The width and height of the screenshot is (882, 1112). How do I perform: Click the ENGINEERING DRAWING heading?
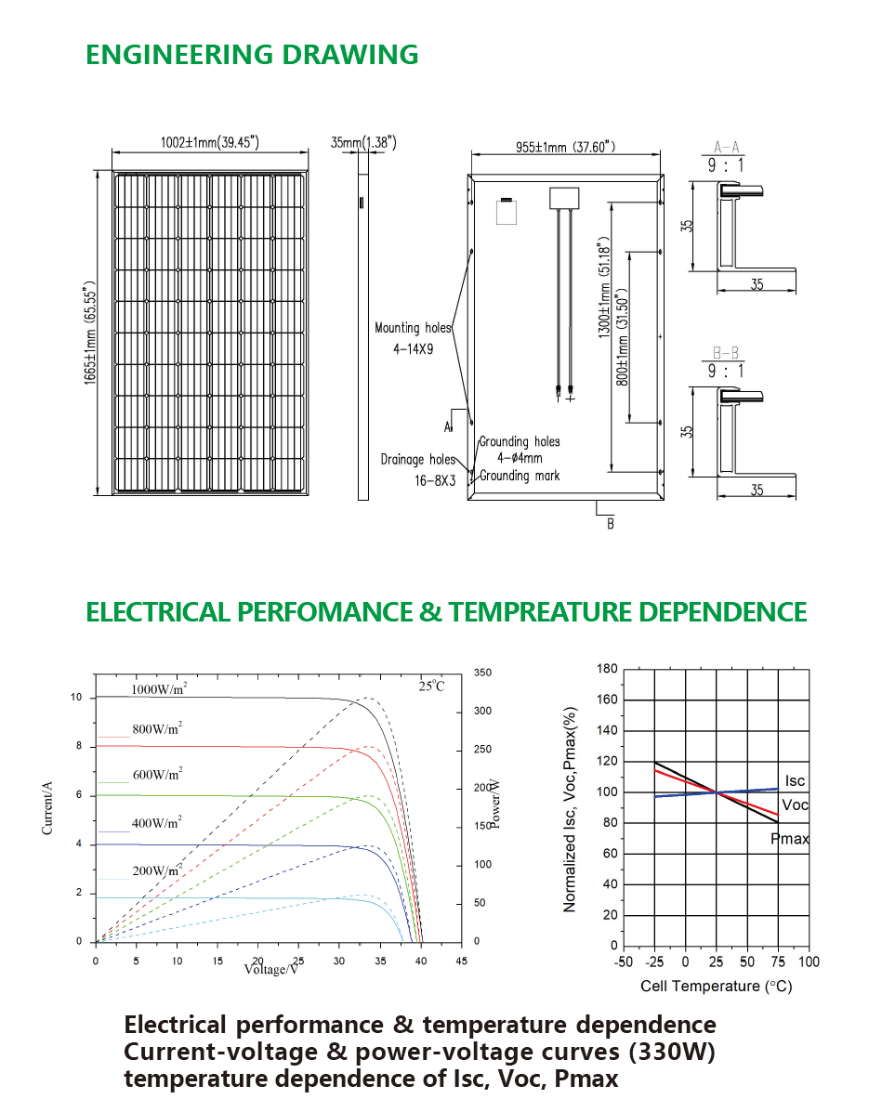[x=252, y=55]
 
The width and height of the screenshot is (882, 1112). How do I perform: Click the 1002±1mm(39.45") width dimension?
[x=209, y=142]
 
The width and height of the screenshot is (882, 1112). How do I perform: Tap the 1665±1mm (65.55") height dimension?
[x=89, y=333]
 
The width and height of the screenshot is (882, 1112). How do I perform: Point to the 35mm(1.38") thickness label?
[x=363, y=142]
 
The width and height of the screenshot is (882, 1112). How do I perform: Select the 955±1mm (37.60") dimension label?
[x=565, y=147]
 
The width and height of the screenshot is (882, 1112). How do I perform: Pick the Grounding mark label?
[x=520, y=476]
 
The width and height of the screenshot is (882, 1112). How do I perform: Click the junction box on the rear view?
[x=564, y=198]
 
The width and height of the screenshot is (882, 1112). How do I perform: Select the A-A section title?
[x=727, y=147]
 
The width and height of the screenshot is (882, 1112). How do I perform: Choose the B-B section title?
[x=726, y=352]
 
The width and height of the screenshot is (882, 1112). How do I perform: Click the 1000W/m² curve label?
[x=159, y=688]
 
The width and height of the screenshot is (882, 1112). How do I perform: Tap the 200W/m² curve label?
[x=157, y=870]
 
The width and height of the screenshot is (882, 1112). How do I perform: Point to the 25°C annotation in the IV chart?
[x=431, y=686]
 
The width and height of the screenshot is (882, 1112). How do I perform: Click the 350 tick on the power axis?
[x=482, y=673]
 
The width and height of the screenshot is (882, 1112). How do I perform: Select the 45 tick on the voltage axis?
[x=461, y=961]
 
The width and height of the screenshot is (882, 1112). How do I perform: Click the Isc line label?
[x=795, y=780]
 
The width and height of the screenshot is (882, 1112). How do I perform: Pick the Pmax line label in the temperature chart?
[x=790, y=838]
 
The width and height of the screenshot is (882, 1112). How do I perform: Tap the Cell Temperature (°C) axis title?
[x=716, y=986]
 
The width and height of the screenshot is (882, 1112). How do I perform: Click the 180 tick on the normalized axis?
[x=608, y=668]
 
